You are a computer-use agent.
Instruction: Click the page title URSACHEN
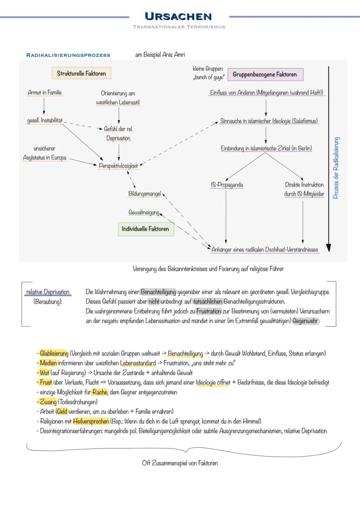(x=178, y=17)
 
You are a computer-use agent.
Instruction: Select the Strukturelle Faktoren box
(x=81, y=73)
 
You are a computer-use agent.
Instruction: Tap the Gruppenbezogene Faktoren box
(x=265, y=74)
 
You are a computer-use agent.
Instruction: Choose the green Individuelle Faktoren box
(x=146, y=229)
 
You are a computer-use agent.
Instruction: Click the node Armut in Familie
(x=44, y=93)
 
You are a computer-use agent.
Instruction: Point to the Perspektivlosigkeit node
(x=119, y=165)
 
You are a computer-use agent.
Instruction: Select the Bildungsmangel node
(x=144, y=193)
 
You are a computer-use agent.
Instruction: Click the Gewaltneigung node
(x=144, y=212)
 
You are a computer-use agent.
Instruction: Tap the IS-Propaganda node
(x=226, y=185)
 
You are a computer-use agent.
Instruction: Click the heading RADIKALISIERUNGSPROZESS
(x=68, y=55)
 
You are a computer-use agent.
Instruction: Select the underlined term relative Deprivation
(x=47, y=292)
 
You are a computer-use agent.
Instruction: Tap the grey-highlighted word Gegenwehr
(x=305, y=321)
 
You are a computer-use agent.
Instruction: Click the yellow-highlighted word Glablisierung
(x=54, y=353)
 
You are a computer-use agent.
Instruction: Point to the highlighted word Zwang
(x=48, y=402)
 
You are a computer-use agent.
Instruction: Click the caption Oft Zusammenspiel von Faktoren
(x=180, y=463)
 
